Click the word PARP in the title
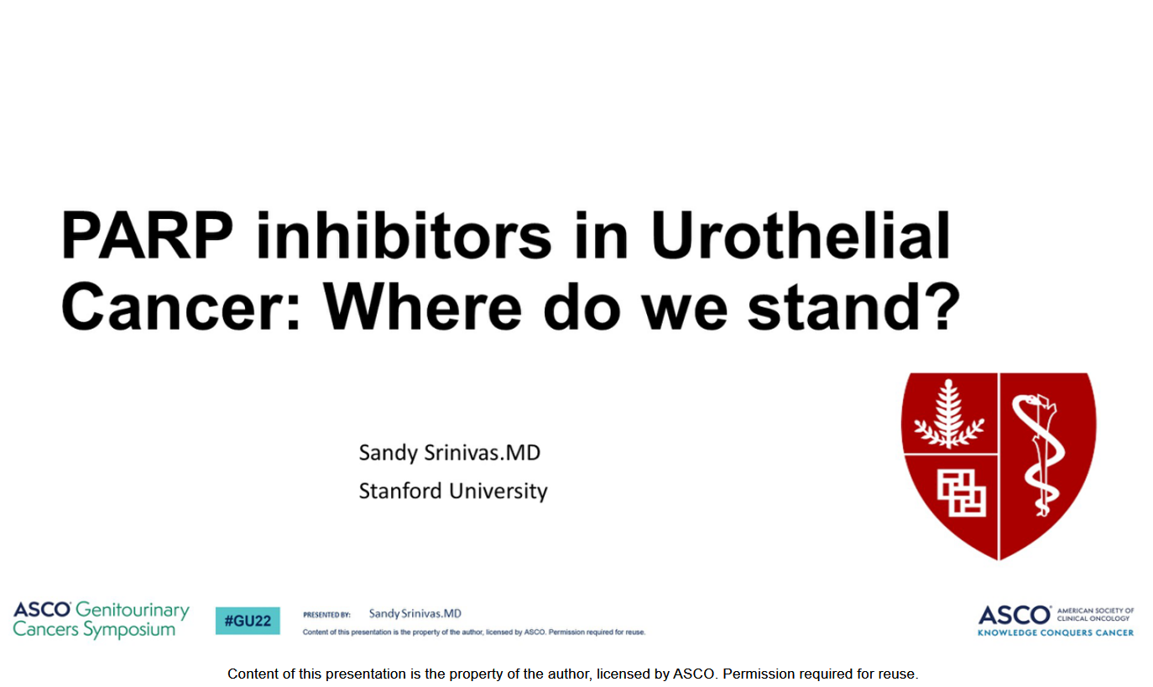tap(147, 235)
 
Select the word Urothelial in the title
tap(801, 235)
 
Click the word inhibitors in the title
tap(404, 235)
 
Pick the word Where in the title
tap(422, 307)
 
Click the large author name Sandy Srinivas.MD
tap(449, 453)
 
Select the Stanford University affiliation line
tap(453, 491)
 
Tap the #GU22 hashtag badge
tap(248, 621)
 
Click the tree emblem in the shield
tap(948, 414)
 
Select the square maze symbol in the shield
tap(961, 492)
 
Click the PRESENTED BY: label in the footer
tap(326, 615)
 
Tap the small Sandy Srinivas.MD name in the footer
tap(415, 613)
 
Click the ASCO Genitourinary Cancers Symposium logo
tap(102, 620)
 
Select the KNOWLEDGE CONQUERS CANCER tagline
tap(1055, 632)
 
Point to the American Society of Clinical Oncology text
tap(1095, 614)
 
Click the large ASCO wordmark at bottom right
tap(1015, 615)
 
